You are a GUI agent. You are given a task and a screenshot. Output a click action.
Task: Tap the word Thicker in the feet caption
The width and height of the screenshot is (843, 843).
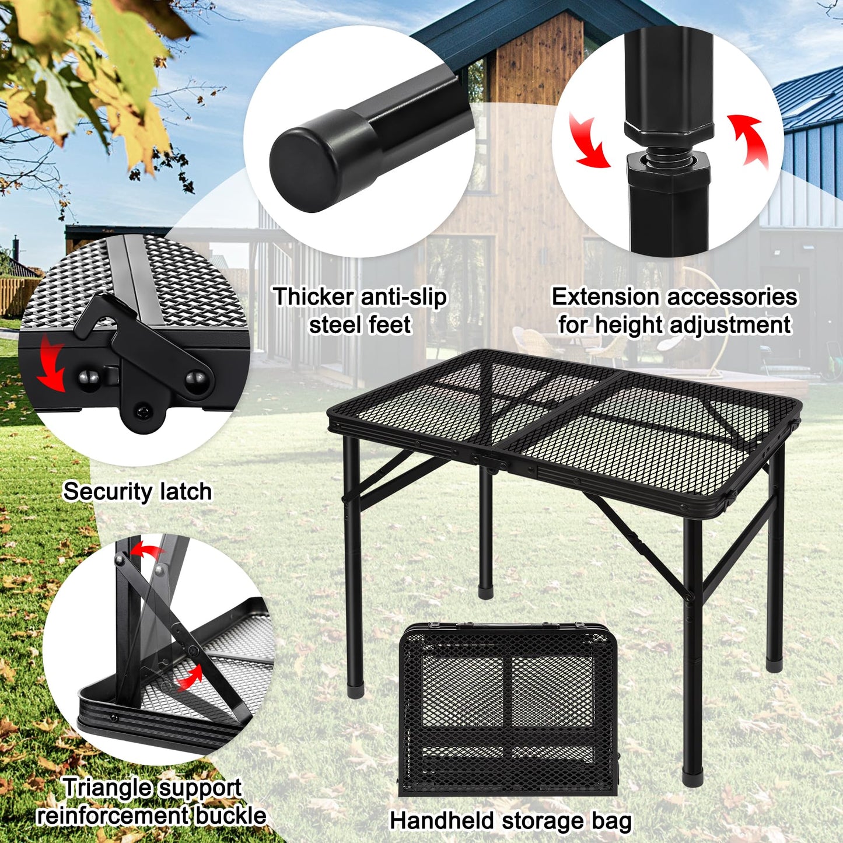(305, 296)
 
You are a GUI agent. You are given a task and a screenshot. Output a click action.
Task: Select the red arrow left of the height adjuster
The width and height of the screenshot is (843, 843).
(589, 141)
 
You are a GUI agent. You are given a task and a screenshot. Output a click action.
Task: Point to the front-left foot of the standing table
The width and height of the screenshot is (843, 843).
(355, 691)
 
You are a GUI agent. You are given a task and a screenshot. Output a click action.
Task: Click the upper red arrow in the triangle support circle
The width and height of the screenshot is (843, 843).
(146, 550)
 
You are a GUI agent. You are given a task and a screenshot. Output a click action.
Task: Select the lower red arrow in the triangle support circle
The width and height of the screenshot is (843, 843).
(189, 677)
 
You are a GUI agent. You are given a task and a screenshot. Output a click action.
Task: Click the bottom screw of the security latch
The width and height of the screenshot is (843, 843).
(142, 412)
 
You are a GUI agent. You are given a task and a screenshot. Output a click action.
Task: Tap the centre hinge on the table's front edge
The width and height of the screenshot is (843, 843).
(493, 463)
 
